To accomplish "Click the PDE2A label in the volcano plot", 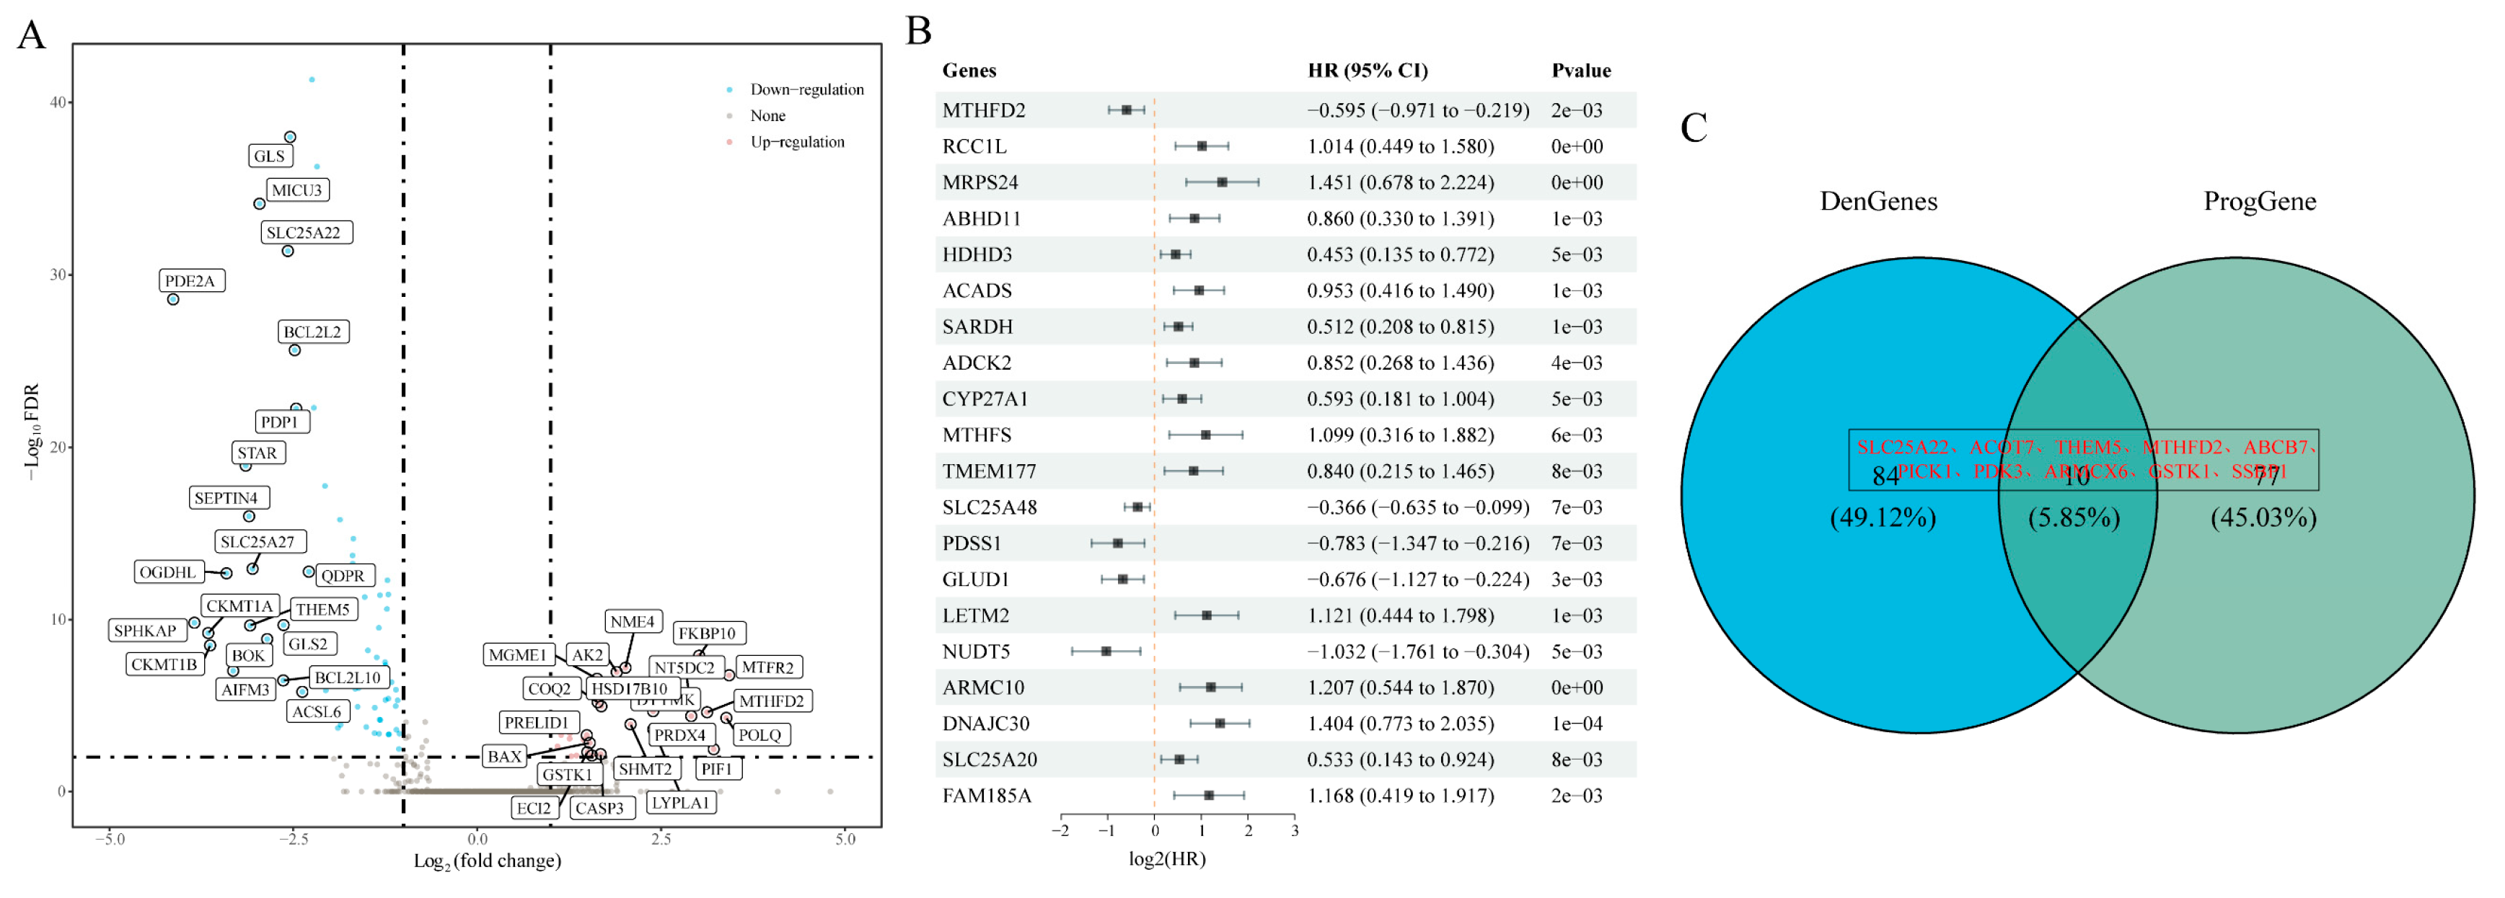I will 190,281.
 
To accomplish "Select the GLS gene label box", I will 269,156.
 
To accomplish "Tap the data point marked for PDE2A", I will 173,299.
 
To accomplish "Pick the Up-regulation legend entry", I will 796,142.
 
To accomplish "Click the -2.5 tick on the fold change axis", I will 294,840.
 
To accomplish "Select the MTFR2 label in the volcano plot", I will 768,667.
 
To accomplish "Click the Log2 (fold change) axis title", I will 487,862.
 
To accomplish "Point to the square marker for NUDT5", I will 1106,651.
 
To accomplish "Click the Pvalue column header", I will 1580,71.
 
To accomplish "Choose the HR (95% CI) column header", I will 1368,71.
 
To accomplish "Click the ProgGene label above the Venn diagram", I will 2259,202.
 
